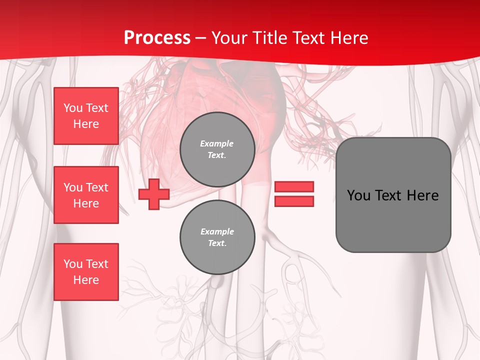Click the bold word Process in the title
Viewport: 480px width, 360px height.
pyautogui.click(x=157, y=38)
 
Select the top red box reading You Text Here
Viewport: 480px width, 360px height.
pyautogui.click(x=86, y=116)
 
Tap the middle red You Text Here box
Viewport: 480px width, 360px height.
pyautogui.click(x=86, y=195)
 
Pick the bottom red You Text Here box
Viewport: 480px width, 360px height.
pyautogui.click(x=86, y=272)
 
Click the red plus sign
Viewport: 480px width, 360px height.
pyautogui.click(x=154, y=194)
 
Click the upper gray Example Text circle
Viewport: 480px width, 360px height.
pyautogui.click(x=217, y=149)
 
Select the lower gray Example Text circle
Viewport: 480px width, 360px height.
pyautogui.click(x=217, y=237)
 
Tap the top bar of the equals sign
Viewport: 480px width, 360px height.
pyautogui.click(x=294, y=187)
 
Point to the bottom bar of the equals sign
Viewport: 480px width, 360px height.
pyautogui.click(x=294, y=201)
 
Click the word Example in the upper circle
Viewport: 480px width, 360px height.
pyautogui.click(x=217, y=144)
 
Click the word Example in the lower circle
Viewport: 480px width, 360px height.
pyautogui.click(x=217, y=232)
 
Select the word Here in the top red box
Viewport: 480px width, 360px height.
pyautogui.click(x=86, y=124)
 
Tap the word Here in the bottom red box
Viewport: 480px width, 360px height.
pyautogui.click(x=86, y=280)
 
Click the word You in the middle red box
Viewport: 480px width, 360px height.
pyautogui.click(x=73, y=187)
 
